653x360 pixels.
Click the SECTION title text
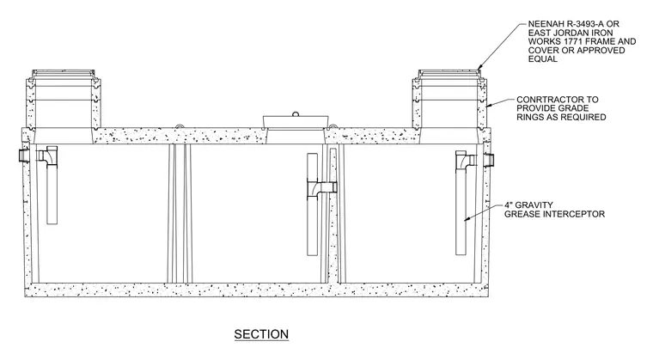click(x=261, y=334)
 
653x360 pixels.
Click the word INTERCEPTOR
click(x=577, y=214)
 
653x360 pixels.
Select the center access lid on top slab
click(x=296, y=121)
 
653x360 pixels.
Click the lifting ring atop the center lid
click(x=296, y=113)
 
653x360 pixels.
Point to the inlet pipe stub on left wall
click(x=24, y=156)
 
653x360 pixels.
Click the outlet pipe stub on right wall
click(x=490, y=159)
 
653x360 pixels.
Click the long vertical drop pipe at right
click(x=461, y=207)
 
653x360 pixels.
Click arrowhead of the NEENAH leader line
click(x=479, y=67)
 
